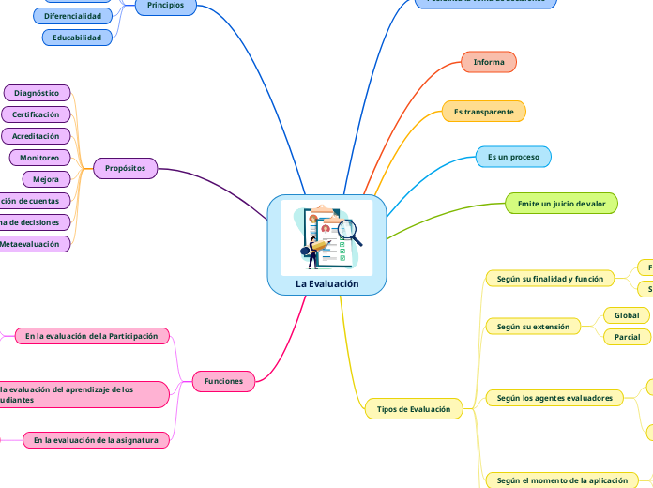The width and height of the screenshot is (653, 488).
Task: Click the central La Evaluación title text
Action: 326,283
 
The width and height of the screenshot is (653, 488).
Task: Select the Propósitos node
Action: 125,169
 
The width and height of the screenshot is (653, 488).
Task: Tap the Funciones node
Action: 223,381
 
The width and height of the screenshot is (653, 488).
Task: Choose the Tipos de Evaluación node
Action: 413,409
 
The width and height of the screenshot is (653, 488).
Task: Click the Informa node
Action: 489,62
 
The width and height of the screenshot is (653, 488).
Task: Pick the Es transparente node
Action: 483,112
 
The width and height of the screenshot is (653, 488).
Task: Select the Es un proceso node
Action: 513,157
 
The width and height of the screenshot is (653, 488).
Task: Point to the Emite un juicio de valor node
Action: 562,204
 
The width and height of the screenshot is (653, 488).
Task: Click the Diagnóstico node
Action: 37,93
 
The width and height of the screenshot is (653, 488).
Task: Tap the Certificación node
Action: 36,114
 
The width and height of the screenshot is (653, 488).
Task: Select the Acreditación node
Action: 36,136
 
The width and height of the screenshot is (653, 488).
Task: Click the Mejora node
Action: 45,179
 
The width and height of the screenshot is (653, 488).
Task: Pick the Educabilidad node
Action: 77,38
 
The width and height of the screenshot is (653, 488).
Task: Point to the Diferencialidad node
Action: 72,16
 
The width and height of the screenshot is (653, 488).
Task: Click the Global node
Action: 626,315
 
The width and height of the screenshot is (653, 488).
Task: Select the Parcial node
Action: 626,337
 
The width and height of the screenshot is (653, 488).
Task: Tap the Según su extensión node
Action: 533,327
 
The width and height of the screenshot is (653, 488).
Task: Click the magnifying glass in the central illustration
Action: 350,228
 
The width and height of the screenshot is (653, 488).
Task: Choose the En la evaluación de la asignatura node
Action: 96,439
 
